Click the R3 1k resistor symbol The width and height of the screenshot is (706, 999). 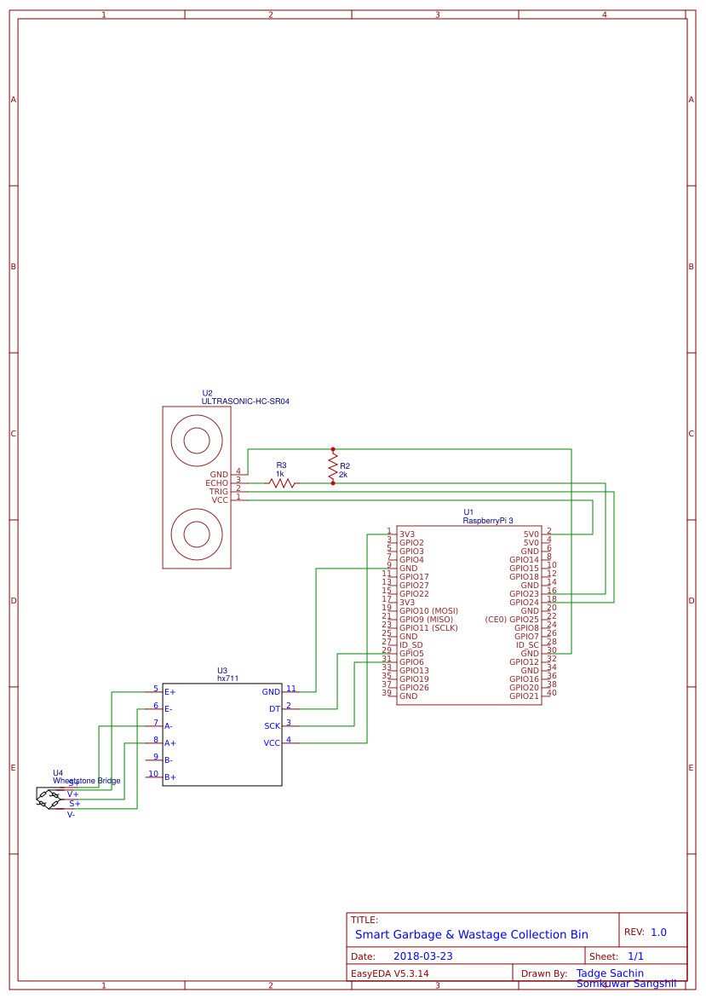pyautogui.click(x=282, y=483)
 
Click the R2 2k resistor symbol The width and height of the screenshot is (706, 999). pyautogui.click(x=333, y=466)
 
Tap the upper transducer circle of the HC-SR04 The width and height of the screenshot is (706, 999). pyautogui.click(x=197, y=441)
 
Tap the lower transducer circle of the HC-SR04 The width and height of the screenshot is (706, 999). pyautogui.click(x=197, y=534)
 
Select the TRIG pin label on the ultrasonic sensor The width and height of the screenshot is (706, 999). pyautogui.click(x=219, y=492)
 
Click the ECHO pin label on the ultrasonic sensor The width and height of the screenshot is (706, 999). pyautogui.click(x=217, y=483)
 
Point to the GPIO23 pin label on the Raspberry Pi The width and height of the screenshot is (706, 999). pyautogui.click(x=524, y=594)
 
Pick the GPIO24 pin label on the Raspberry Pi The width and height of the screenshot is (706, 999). pyautogui.click(x=524, y=603)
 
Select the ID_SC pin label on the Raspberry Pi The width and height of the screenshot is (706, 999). pyautogui.click(x=527, y=645)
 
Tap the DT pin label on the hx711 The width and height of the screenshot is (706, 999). pyautogui.click(x=274, y=709)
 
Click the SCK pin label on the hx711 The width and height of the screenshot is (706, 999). pyautogui.click(x=272, y=726)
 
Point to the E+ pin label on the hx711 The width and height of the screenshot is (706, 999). pyautogui.click(x=170, y=692)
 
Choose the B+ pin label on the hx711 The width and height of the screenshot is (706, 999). pyautogui.click(x=170, y=777)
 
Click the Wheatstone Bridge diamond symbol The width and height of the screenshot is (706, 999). pyautogui.click(x=49, y=799)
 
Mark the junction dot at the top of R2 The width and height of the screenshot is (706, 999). pyautogui.click(x=333, y=449)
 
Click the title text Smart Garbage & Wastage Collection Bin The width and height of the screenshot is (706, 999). pyautogui.click(x=472, y=934)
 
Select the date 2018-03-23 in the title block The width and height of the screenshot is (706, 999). pyautogui.click(x=423, y=956)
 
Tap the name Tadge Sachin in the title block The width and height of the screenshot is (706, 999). pyautogui.click(x=610, y=973)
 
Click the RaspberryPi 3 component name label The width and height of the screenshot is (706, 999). pyautogui.click(x=488, y=520)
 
